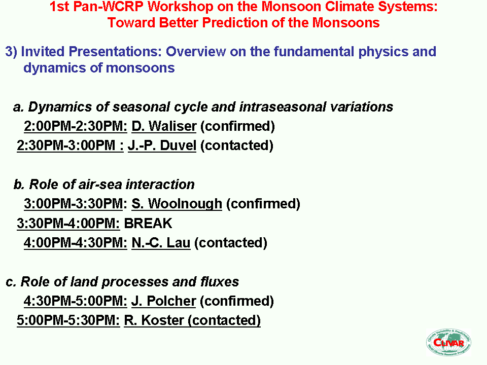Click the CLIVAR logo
pos(448,342)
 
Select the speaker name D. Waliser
pos(164,126)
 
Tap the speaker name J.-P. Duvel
pos(162,145)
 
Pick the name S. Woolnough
pos(177,204)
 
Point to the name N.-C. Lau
pos(161,243)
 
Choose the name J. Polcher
pos(164,301)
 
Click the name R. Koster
pos(154,320)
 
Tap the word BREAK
pos(148,224)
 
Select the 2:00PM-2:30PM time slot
pos(76,126)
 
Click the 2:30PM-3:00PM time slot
pos(70,145)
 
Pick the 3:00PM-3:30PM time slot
pos(76,204)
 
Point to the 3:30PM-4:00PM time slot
pos(68,224)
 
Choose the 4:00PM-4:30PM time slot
pos(76,243)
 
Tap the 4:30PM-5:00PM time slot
pos(76,301)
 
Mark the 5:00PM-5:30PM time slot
pos(68,320)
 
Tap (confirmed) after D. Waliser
pos(237,127)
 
